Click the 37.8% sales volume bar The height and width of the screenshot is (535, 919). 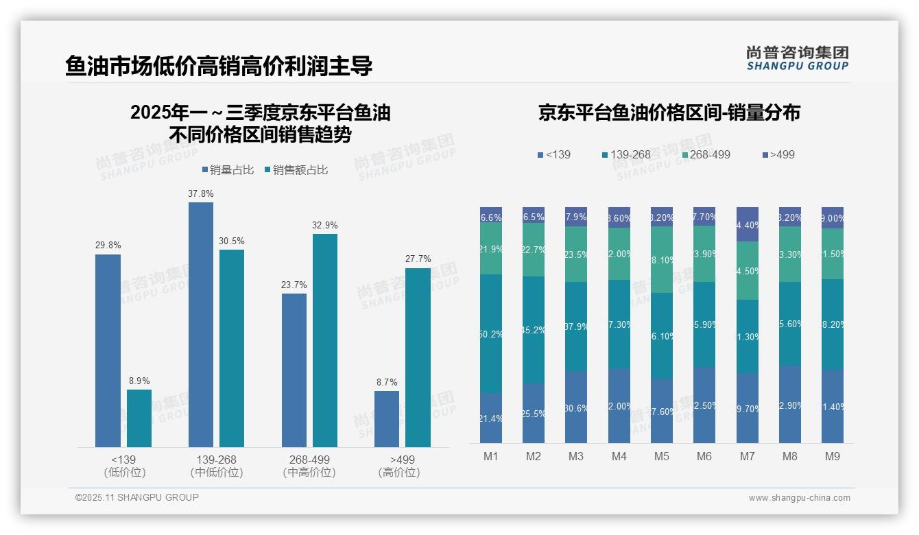point(201,324)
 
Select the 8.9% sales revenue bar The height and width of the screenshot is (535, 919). point(139,418)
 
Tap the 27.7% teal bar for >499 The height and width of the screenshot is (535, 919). point(418,357)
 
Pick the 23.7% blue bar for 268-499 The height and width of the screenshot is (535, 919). point(294,370)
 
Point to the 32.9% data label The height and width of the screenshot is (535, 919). point(324,225)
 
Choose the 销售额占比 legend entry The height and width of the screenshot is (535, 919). point(296,170)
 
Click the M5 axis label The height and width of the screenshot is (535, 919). point(662,456)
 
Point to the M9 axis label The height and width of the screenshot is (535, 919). point(832,456)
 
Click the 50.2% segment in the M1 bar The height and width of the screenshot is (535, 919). point(491,333)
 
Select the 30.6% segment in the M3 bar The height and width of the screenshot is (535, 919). point(576,407)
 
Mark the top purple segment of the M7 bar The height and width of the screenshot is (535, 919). point(747,224)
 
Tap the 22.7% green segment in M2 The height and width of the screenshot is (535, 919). point(534,250)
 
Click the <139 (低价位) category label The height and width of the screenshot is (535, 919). point(124,466)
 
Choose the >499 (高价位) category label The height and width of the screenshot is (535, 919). point(399,466)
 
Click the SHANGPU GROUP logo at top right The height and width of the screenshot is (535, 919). point(797,58)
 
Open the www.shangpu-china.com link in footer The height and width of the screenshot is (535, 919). point(799,498)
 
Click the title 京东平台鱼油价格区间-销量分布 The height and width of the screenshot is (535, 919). point(669,112)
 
